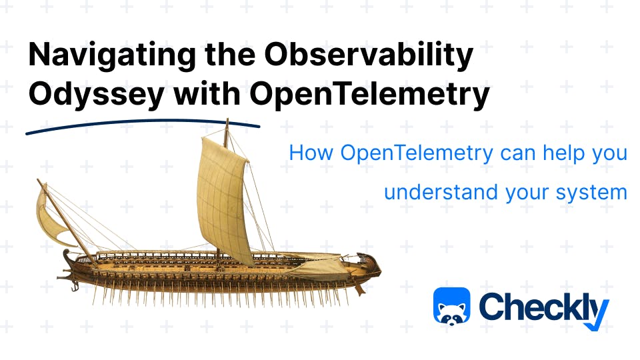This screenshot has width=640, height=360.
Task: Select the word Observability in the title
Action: (x=368, y=55)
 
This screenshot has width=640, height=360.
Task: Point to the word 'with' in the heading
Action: (x=207, y=93)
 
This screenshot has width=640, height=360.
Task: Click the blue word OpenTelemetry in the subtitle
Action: (x=417, y=154)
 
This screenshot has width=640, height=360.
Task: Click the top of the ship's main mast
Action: (x=227, y=120)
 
